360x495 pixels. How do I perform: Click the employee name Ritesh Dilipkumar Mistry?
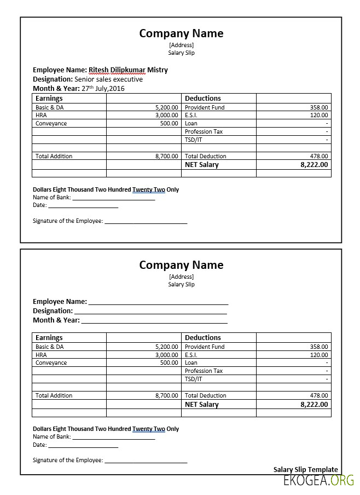pyautogui.click(x=128, y=70)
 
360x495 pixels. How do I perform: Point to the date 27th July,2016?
pyautogui.click(x=103, y=88)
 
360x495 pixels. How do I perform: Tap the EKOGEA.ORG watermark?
pyautogui.click(x=318, y=481)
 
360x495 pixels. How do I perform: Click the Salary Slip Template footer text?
pyautogui.click(x=305, y=469)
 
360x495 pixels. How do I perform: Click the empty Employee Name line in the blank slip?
pyautogui.click(x=158, y=302)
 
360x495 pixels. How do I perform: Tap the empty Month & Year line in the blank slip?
pyautogui.click(x=154, y=320)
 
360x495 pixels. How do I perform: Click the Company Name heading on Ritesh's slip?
pyautogui.click(x=181, y=33)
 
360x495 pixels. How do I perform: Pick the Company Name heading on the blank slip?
pyautogui.click(x=181, y=265)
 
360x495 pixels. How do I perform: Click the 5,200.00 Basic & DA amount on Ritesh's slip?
pyautogui.click(x=166, y=108)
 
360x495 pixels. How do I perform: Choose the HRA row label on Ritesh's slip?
pyautogui.click(x=41, y=116)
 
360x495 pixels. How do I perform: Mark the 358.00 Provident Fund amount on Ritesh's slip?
pyautogui.click(x=319, y=108)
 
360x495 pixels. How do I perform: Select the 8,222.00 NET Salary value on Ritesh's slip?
pyautogui.click(x=314, y=164)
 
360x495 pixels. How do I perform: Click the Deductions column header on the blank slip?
pyautogui.click(x=203, y=338)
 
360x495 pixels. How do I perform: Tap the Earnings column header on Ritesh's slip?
pyautogui.click(x=49, y=99)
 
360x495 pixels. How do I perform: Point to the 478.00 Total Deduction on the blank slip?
pyautogui.click(x=319, y=395)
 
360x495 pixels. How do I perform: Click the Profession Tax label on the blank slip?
pyautogui.click(x=204, y=371)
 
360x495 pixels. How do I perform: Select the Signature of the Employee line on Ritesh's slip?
pyautogui.click(x=146, y=221)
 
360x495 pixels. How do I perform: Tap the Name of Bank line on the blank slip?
pyautogui.click(x=114, y=437)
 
